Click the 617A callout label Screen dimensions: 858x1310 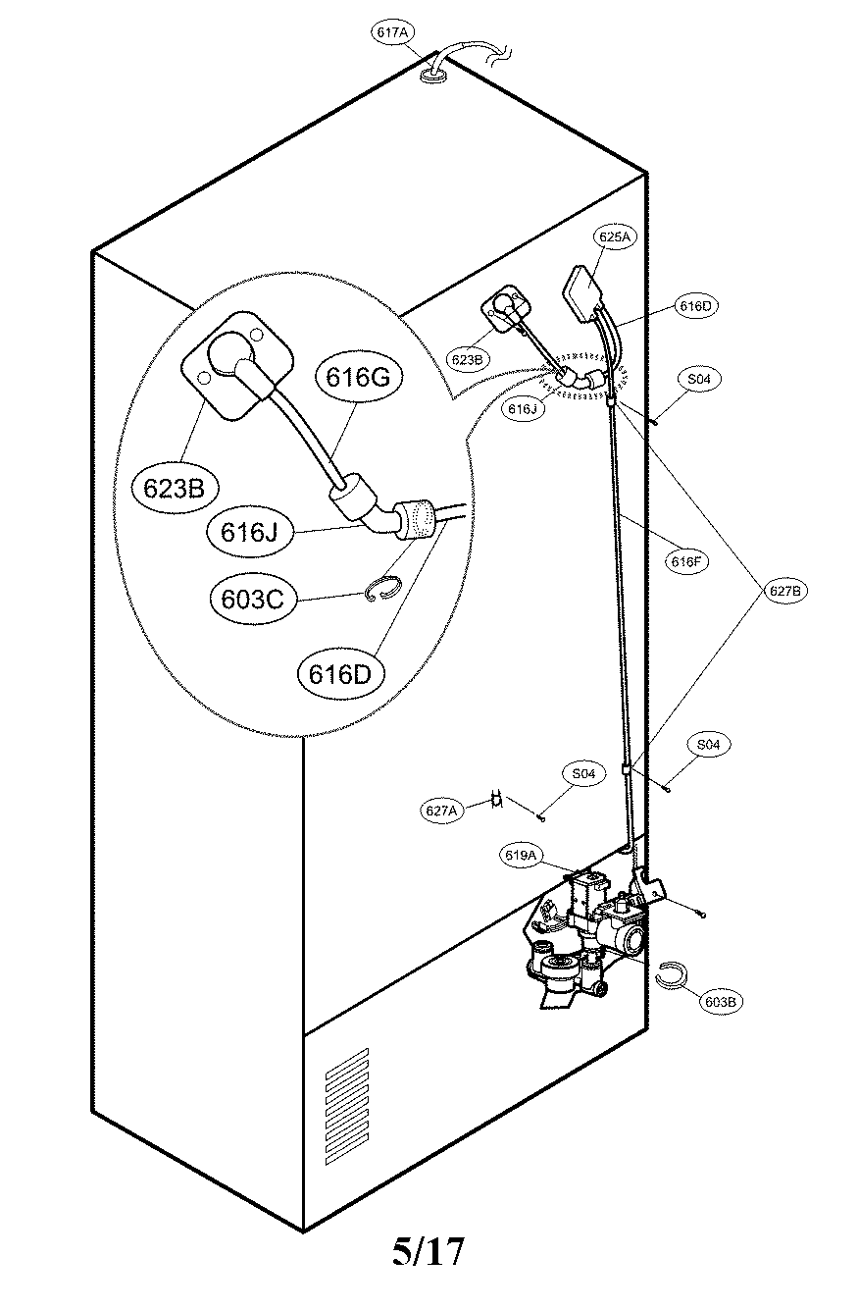click(392, 32)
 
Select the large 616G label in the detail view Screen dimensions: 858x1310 click(358, 377)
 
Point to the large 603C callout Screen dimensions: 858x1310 click(252, 599)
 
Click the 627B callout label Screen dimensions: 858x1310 click(784, 591)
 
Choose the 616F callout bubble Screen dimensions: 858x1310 click(686, 562)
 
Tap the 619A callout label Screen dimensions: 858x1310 click(520, 855)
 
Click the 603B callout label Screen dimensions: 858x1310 click(721, 1002)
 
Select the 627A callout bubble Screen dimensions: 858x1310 click(441, 811)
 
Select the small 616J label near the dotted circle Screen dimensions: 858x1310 click(523, 408)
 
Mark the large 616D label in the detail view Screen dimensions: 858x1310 click(340, 675)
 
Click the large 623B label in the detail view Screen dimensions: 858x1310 click(174, 488)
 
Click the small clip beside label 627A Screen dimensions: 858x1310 click(497, 799)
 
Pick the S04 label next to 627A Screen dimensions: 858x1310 click(583, 773)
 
